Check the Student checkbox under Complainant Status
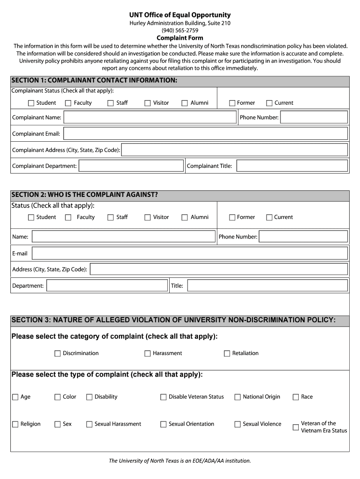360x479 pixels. (x=31, y=103)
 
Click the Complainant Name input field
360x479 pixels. (x=150, y=117)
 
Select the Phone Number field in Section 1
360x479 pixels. (x=314, y=117)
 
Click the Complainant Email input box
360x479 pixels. (x=205, y=133)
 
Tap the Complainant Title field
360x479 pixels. (x=291, y=166)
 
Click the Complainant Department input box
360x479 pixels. (x=131, y=166)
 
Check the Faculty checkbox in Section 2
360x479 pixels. (x=68, y=218)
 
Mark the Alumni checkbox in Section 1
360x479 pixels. (x=185, y=103)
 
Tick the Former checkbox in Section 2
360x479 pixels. (x=232, y=218)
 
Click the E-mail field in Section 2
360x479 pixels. (x=189, y=253)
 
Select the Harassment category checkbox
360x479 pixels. (x=147, y=354)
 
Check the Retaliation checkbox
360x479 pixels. (x=227, y=354)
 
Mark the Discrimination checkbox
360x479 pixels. (x=58, y=354)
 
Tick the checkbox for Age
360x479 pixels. (x=15, y=397)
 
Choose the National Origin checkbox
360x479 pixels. (x=238, y=397)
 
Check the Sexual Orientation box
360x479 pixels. (x=163, y=424)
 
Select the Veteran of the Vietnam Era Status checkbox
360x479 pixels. (x=295, y=427)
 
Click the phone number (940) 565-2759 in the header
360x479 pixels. (x=180, y=30)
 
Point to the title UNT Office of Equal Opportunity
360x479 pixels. (x=180, y=15)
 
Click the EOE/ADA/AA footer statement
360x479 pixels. (x=180, y=461)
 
